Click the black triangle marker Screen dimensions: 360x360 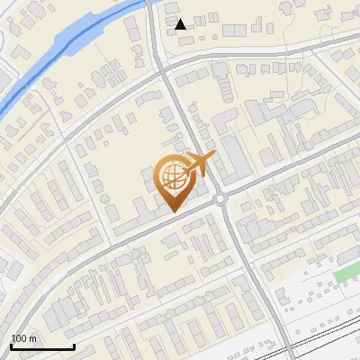(181, 24)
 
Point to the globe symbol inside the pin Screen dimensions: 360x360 (171, 176)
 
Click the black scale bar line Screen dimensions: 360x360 (41, 346)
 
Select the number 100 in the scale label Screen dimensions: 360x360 (19, 338)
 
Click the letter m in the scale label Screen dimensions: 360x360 (31, 338)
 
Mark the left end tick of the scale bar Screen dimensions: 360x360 (11, 345)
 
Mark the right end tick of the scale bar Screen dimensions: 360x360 (73, 345)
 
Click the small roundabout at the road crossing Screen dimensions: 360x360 (220, 199)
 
